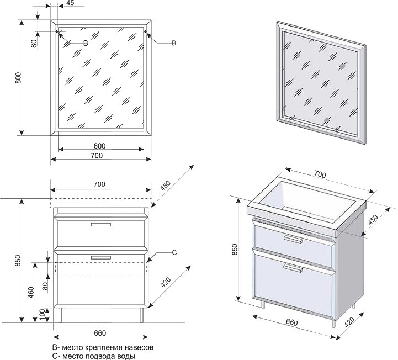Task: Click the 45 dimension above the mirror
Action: coord(70,3)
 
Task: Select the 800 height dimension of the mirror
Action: coord(18,78)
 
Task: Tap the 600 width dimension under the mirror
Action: coord(99,146)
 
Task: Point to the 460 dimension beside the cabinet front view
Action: coord(31,292)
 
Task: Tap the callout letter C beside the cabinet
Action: coord(173,253)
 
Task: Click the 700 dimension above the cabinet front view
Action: coord(99,183)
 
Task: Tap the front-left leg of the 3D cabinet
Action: coord(263,304)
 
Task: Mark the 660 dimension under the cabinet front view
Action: coord(99,332)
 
